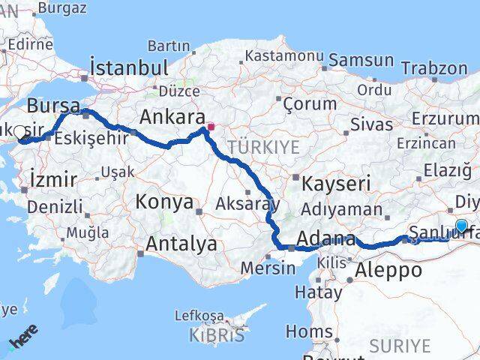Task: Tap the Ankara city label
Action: [x=172, y=118]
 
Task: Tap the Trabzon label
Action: [x=433, y=68]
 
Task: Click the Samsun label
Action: [x=361, y=60]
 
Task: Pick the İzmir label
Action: [x=52, y=179]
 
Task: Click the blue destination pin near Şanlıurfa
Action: [x=461, y=226]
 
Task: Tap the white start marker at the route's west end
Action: [x=20, y=132]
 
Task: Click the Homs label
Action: [x=309, y=331]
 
